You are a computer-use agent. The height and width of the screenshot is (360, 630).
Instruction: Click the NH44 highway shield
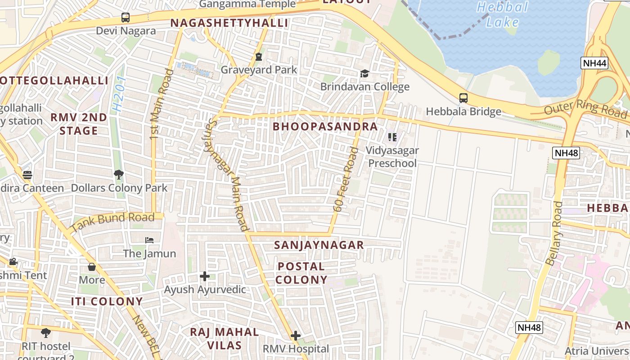click(x=594, y=63)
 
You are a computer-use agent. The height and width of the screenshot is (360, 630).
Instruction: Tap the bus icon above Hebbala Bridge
click(x=463, y=98)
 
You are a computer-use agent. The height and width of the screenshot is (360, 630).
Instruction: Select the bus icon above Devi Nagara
click(x=126, y=18)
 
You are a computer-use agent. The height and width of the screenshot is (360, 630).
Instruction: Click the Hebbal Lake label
click(x=502, y=14)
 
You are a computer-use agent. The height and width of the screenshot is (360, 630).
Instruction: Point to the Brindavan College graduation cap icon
click(x=364, y=73)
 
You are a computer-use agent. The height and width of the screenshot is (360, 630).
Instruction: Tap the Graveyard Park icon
click(x=258, y=57)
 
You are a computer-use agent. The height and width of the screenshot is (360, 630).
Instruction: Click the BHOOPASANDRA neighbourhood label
click(x=325, y=126)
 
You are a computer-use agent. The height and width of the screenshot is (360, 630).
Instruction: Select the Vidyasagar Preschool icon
click(x=392, y=137)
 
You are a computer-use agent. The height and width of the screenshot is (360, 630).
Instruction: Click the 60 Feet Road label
click(x=346, y=179)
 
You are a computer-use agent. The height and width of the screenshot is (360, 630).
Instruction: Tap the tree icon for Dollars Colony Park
click(x=119, y=174)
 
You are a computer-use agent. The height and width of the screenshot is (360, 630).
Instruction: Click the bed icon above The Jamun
click(x=149, y=240)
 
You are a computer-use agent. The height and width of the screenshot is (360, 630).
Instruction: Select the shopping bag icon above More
click(x=92, y=267)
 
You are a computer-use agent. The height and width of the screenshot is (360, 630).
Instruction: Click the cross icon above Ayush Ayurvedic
click(x=205, y=276)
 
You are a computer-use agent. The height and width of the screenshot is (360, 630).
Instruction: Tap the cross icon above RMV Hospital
click(x=296, y=335)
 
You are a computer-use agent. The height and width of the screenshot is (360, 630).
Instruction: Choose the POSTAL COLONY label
click(x=301, y=273)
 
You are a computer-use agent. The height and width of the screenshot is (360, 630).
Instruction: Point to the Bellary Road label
click(x=554, y=233)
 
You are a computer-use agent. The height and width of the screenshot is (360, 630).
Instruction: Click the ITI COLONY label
click(x=107, y=301)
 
